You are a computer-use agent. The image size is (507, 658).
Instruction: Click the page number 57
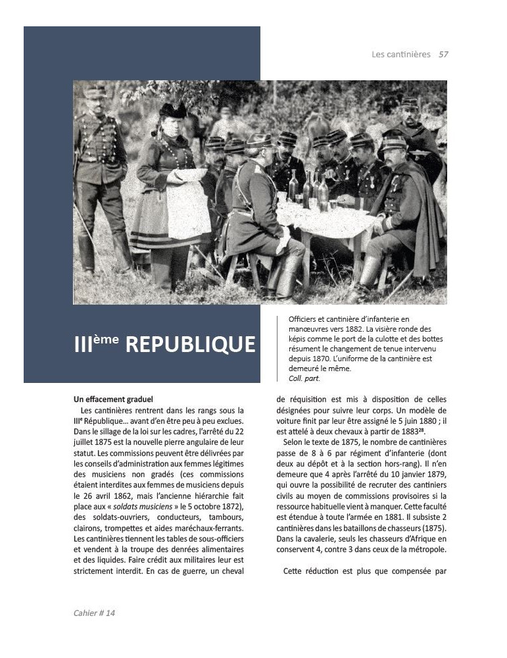pos(443,54)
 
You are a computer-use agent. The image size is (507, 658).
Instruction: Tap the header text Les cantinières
pos(401,54)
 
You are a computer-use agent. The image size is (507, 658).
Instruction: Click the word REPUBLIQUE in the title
pos(190,345)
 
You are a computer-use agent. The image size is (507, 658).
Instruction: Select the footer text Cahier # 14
pos(95,613)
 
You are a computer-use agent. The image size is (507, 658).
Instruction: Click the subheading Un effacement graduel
pos(113,399)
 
